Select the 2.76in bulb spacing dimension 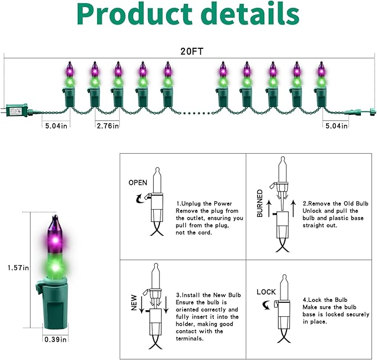tap(107, 126)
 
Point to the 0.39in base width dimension tap(56, 339)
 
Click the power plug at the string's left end tap(15, 110)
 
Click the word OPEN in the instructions tap(138, 182)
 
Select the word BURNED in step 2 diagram tap(260, 204)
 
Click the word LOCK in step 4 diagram tap(266, 292)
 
